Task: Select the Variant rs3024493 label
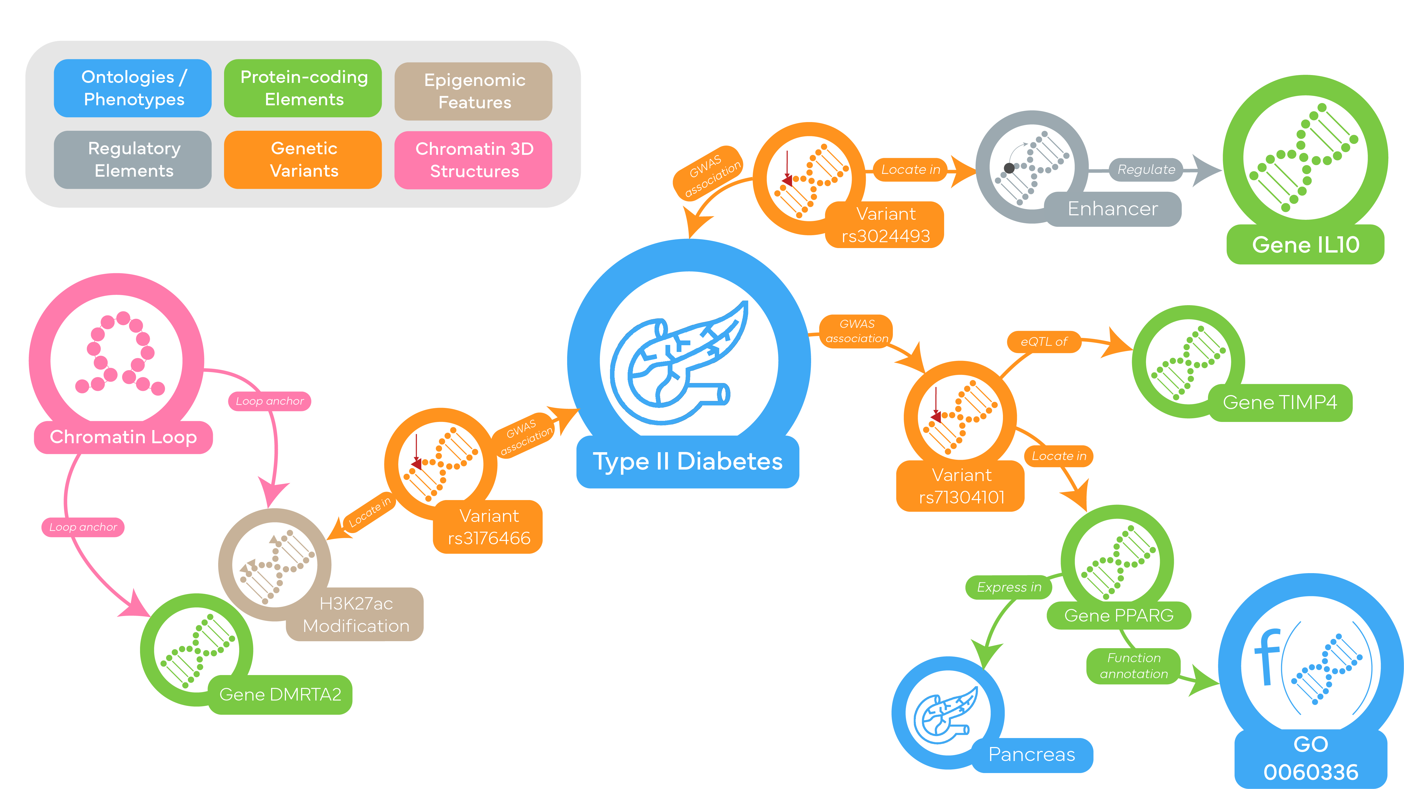886,225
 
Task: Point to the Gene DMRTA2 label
280,695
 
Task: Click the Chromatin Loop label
123,437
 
